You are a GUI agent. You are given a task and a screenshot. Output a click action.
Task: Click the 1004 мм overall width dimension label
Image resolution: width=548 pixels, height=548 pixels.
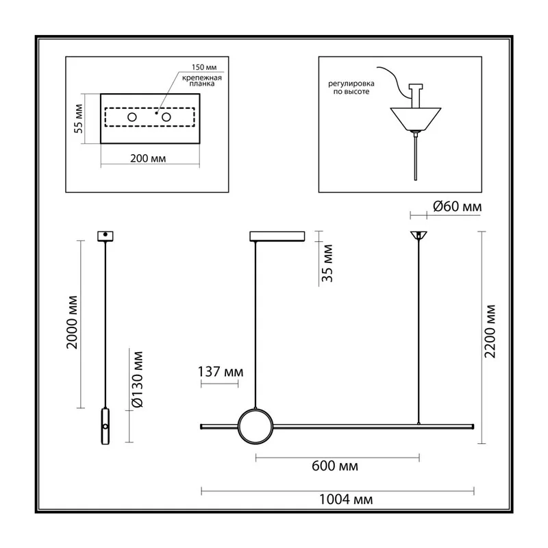click(x=346, y=499)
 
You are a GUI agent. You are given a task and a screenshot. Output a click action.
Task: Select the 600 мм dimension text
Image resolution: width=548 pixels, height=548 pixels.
click(x=335, y=466)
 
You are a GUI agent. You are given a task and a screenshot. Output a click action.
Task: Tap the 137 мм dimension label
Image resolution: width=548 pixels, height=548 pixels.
click(x=221, y=371)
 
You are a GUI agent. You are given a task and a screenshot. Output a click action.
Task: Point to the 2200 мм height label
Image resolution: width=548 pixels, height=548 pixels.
click(x=490, y=332)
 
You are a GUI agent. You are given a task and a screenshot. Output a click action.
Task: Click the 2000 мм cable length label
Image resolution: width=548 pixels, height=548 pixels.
click(x=72, y=322)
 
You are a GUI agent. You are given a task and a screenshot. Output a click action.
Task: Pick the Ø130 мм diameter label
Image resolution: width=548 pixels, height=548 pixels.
click(x=138, y=379)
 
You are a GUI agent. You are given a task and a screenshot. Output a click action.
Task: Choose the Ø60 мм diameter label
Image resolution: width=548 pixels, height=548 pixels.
click(x=457, y=207)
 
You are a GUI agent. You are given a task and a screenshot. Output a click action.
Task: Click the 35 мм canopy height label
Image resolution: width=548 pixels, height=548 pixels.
click(x=327, y=263)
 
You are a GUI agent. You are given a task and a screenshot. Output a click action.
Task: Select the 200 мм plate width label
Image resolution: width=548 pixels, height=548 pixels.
click(x=148, y=158)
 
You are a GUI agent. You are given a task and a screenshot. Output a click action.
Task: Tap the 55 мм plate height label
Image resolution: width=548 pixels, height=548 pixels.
click(x=79, y=119)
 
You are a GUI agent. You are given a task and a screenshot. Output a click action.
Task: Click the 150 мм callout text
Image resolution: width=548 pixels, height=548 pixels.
click(x=204, y=67)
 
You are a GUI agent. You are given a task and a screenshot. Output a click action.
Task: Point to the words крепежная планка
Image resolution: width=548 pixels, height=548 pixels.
click(x=202, y=81)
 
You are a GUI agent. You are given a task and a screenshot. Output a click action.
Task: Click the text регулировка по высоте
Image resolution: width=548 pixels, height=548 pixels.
click(x=351, y=88)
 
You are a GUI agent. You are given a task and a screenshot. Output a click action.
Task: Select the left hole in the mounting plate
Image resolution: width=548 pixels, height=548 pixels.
click(x=132, y=117)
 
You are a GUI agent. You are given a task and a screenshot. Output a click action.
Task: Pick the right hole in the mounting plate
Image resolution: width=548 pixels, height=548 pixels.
click(x=166, y=117)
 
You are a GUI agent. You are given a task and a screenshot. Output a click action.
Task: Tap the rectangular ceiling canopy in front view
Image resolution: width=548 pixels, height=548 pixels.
click(x=277, y=236)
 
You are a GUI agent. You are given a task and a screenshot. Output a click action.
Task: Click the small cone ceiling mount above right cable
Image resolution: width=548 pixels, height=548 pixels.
click(x=419, y=235)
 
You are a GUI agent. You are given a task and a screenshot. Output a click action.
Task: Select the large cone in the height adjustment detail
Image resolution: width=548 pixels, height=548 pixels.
click(x=416, y=119)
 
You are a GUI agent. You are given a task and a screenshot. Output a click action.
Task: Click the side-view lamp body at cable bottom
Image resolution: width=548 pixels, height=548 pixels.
click(x=105, y=426)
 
